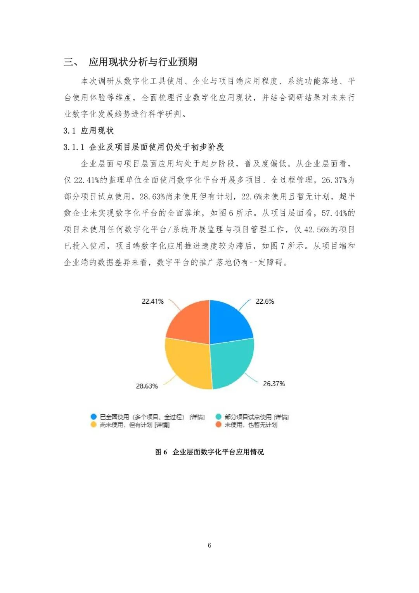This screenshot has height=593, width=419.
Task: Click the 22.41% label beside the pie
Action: pyautogui.click(x=152, y=301)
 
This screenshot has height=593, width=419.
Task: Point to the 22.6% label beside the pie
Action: pyautogui.click(x=265, y=301)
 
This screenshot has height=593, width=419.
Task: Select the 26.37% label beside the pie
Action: pyautogui.click(x=274, y=384)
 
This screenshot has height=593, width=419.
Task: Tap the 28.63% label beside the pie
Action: pyautogui.click(x=147, y=386)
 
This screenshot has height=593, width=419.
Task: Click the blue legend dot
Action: pyautogui.click(x=93, y=417)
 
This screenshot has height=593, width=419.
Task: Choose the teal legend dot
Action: pyautogui.click(x=218, y=417)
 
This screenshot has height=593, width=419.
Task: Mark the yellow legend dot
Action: pyautogui.click(x=93, y=425)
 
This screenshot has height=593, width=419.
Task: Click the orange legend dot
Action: pyautogui.click(x=218, y=425)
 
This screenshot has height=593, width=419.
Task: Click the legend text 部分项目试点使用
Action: pyautogui.click(x=248, y=417)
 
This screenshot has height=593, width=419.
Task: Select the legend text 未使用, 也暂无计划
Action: pyautogui.click(x=251, y=425)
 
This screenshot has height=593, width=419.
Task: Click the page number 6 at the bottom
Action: pyautogui.click(x=209, y=545)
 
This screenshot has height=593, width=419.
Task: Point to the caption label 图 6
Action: pyautogui.click(x=161, y=452)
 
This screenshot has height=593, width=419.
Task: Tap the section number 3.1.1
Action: pyautogui.click(x=74, y=147)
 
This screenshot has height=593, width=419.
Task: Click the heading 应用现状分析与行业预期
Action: pyautogui.click(x=143, y=62)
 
